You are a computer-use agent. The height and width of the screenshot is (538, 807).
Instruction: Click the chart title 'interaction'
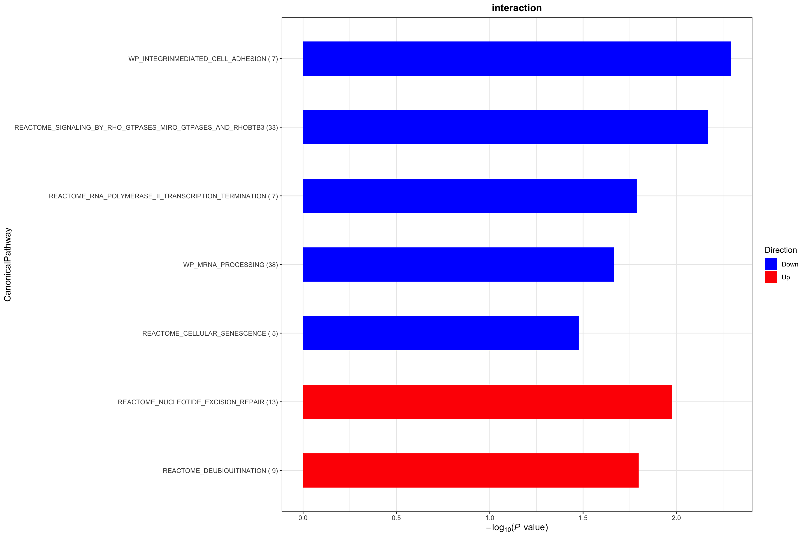tap(516, 8)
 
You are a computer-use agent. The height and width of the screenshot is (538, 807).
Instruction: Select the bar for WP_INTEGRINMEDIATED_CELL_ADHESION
tap(517, 59)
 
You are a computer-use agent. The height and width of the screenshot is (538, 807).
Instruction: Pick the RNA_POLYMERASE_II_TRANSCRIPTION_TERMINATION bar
tap(469, 196)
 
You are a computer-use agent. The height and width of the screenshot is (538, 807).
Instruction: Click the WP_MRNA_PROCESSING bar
tap(458, 265)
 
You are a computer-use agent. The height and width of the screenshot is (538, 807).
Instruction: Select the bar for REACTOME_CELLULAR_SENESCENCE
tap(440, 333)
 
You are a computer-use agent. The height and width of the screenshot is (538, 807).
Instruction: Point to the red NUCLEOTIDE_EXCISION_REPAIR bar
tap(487, 402)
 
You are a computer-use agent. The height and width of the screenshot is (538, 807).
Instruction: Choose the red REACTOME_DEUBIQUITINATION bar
tap(470, 470)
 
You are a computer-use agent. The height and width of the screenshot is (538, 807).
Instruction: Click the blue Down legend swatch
tap(771, 264)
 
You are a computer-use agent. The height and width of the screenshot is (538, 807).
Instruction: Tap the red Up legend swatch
tap(771, 277)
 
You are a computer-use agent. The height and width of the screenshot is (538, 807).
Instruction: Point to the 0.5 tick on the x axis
tap(396, 518)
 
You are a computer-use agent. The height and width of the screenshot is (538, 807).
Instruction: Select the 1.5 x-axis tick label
tap(583, 518)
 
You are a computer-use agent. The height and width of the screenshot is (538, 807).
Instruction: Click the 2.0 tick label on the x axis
tap(676, 518)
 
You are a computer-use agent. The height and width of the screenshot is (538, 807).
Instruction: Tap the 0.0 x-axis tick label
tap(303, 518)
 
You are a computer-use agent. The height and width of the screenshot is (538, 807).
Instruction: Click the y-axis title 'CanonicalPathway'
tap(8, 265)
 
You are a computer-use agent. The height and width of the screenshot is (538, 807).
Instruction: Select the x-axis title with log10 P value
tap(517, 528)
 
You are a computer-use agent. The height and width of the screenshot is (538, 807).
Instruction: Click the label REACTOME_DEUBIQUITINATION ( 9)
tap(220, 471)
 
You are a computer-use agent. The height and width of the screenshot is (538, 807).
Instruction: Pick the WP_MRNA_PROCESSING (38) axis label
tap(230, 265)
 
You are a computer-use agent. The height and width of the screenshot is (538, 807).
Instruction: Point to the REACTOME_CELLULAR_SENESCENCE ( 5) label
tap(210, 333)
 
